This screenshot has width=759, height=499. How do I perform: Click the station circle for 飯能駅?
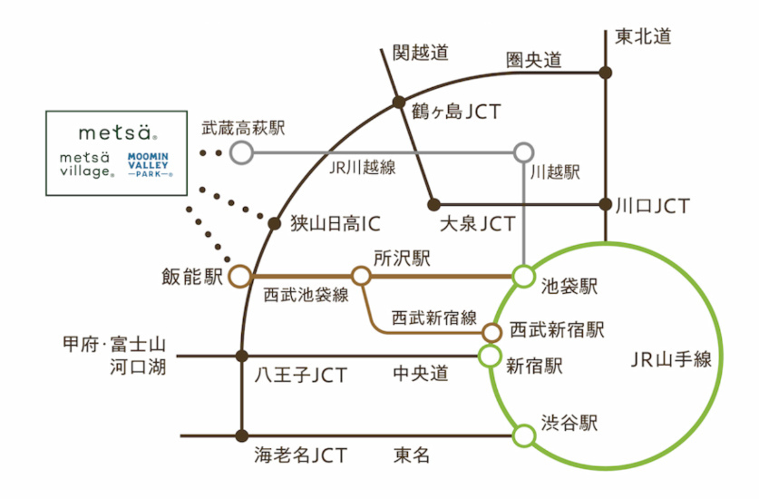point(240,275)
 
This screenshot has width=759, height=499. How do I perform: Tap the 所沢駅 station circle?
point(362,275)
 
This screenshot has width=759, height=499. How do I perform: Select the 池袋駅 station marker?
point(523,275)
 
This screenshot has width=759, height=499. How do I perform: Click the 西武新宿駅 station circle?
point(492,331)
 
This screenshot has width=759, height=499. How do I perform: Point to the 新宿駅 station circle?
point(490,356)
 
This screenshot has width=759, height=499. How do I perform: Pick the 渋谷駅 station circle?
point(523,435)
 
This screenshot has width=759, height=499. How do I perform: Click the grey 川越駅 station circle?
point(524,152)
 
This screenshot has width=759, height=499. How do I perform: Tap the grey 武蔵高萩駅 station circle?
point(240,152)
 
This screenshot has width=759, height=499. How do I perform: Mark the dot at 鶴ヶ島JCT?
point(397,102)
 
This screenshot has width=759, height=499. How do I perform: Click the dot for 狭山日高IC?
point(274,221)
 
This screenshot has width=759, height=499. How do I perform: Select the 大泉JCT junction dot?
point(434,203)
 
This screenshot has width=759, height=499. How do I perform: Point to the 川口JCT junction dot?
point(606,203)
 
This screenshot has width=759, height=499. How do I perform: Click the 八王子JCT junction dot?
point(241,356)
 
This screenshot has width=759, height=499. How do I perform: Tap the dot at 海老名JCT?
point(241,435)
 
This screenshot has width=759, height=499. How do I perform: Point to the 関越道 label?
point(420,54)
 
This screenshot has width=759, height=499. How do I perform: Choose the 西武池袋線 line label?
point(306,296)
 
